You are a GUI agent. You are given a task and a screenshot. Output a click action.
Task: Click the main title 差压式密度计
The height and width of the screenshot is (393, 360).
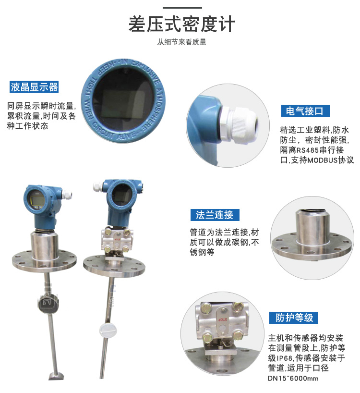[x=181, y=24]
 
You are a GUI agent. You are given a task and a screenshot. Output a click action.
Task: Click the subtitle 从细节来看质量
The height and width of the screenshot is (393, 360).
[x=181, y=42]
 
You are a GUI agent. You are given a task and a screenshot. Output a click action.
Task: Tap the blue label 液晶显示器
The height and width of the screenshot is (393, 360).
[x=34, y=87]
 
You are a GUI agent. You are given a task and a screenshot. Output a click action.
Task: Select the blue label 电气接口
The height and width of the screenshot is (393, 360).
[x=305, y=111]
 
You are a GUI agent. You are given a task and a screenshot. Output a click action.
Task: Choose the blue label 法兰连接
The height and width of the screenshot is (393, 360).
[x=215, y=215]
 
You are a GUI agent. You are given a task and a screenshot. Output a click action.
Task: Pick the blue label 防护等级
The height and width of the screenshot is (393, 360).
[x=294, y=318]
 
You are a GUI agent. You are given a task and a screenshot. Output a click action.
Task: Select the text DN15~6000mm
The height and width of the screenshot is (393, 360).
[x=293, y=378]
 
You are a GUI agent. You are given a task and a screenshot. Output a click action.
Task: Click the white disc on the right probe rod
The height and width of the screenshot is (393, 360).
[x=108, y=329]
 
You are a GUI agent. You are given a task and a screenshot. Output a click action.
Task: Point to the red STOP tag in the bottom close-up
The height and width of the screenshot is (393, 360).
[x=223, y=319]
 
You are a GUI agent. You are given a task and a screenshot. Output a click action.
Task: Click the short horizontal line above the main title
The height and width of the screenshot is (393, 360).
[x=182, y=8]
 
